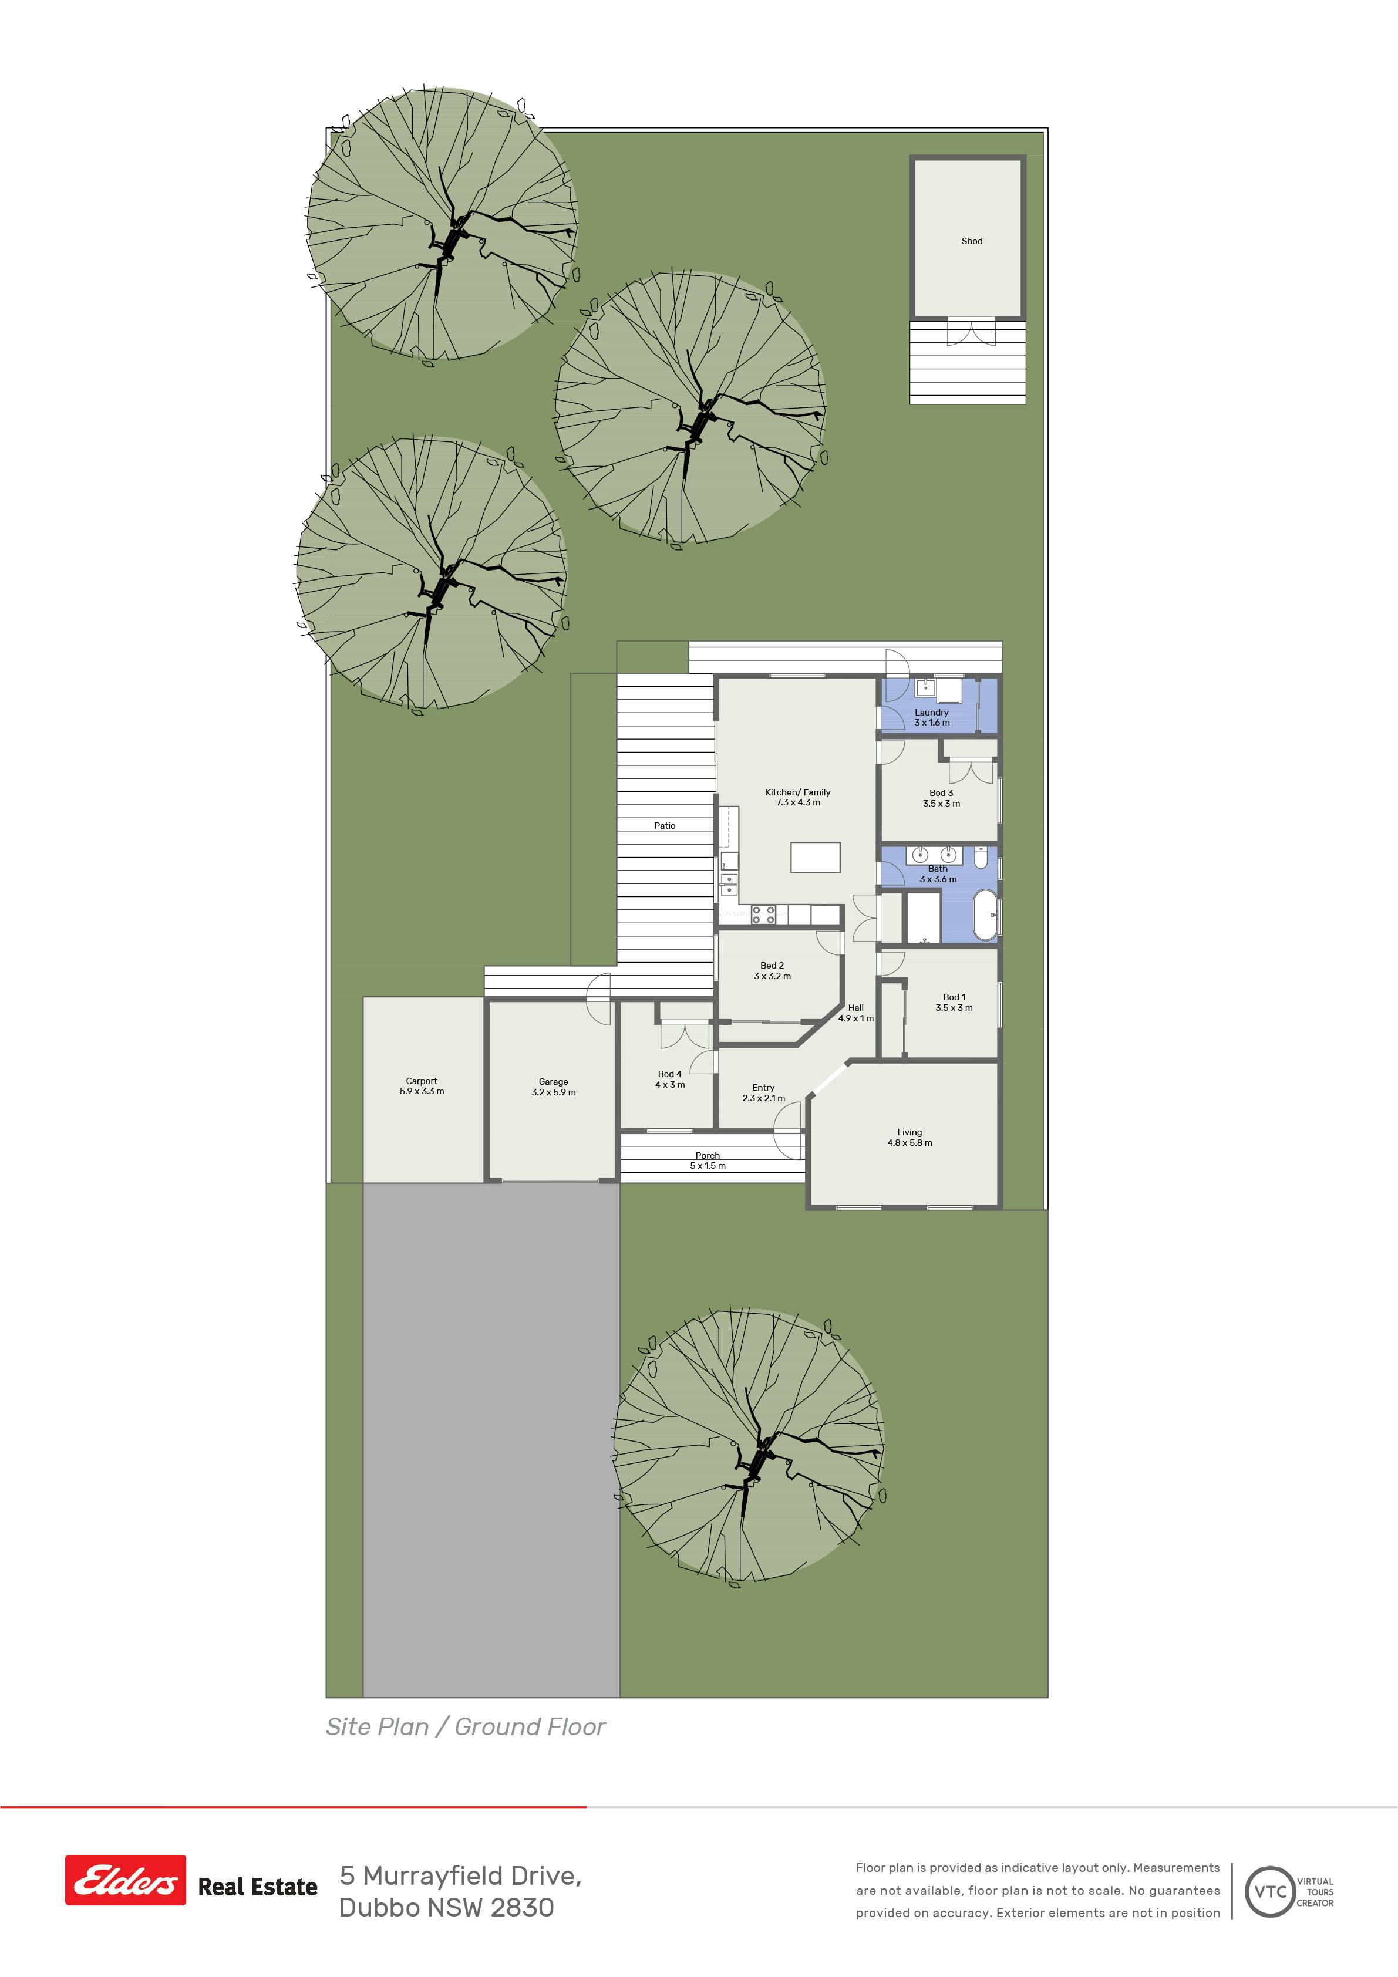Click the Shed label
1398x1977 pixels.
[x=972, y=241]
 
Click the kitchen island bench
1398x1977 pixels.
[x=815, y=857]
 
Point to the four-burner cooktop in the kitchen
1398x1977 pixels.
[x=764, y=915]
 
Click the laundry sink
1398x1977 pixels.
[x=925, y=686]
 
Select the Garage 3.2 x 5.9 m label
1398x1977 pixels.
[x=553, y=1087]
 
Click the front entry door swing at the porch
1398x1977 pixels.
[x=788, y=1131]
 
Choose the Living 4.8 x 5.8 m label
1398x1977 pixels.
[x=909, y=1138]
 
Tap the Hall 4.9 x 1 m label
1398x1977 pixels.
[x=855, y=1013]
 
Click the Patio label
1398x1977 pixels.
[x=664, y=826]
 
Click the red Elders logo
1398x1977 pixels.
[x=126, y=1880]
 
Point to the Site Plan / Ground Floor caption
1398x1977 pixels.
[x=465, y=1726]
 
